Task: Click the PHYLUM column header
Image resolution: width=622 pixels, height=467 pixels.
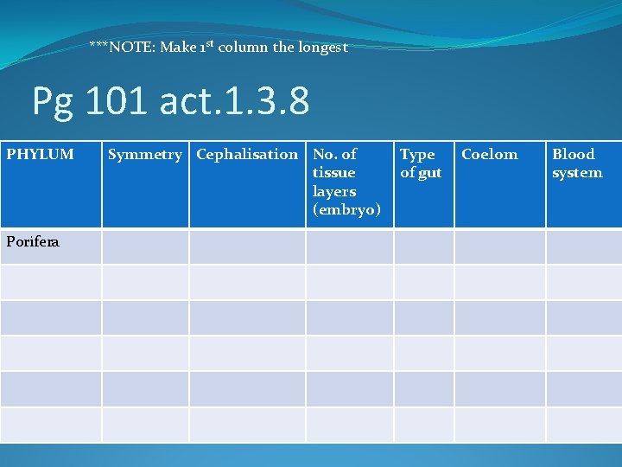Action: pos(41,155)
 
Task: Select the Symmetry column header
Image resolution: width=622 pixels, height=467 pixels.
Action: pos(145,155)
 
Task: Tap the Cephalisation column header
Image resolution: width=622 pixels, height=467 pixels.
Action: pos(247,155)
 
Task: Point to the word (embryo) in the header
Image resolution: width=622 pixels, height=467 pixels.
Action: pos(346,210)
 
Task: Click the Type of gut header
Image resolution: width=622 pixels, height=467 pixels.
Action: pos(421,163)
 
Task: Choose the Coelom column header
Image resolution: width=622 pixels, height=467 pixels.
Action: pos(490,155)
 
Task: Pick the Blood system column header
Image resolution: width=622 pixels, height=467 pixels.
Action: pos(577,163)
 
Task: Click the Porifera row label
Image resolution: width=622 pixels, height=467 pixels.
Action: pos(33,242)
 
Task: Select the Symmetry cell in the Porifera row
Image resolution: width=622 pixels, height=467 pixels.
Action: pos(145,246)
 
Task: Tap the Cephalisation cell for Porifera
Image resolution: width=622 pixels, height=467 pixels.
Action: pos(247,246)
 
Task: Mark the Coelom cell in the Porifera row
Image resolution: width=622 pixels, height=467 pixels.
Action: pos(499,246)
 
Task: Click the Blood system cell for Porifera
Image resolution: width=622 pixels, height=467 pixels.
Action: pos(584,246)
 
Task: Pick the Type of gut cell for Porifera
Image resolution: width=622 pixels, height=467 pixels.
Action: pos(423,246)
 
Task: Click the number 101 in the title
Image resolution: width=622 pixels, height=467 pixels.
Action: pos(117,102)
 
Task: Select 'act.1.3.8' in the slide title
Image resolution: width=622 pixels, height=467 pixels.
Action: pos(234,102)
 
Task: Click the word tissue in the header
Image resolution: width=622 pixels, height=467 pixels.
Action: pos(333,173)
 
